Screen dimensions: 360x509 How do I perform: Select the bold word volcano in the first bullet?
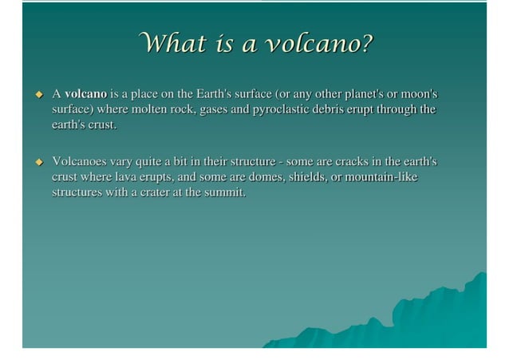(x=85, y=95)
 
